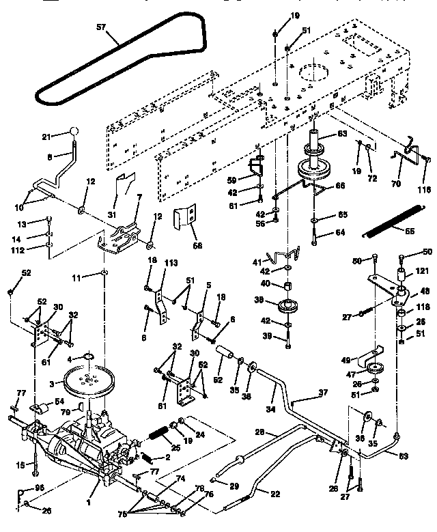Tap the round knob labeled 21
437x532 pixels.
[x=74, y=132]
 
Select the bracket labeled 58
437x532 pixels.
[x=186, y=219]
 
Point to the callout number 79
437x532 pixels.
[x=66, y=411]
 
